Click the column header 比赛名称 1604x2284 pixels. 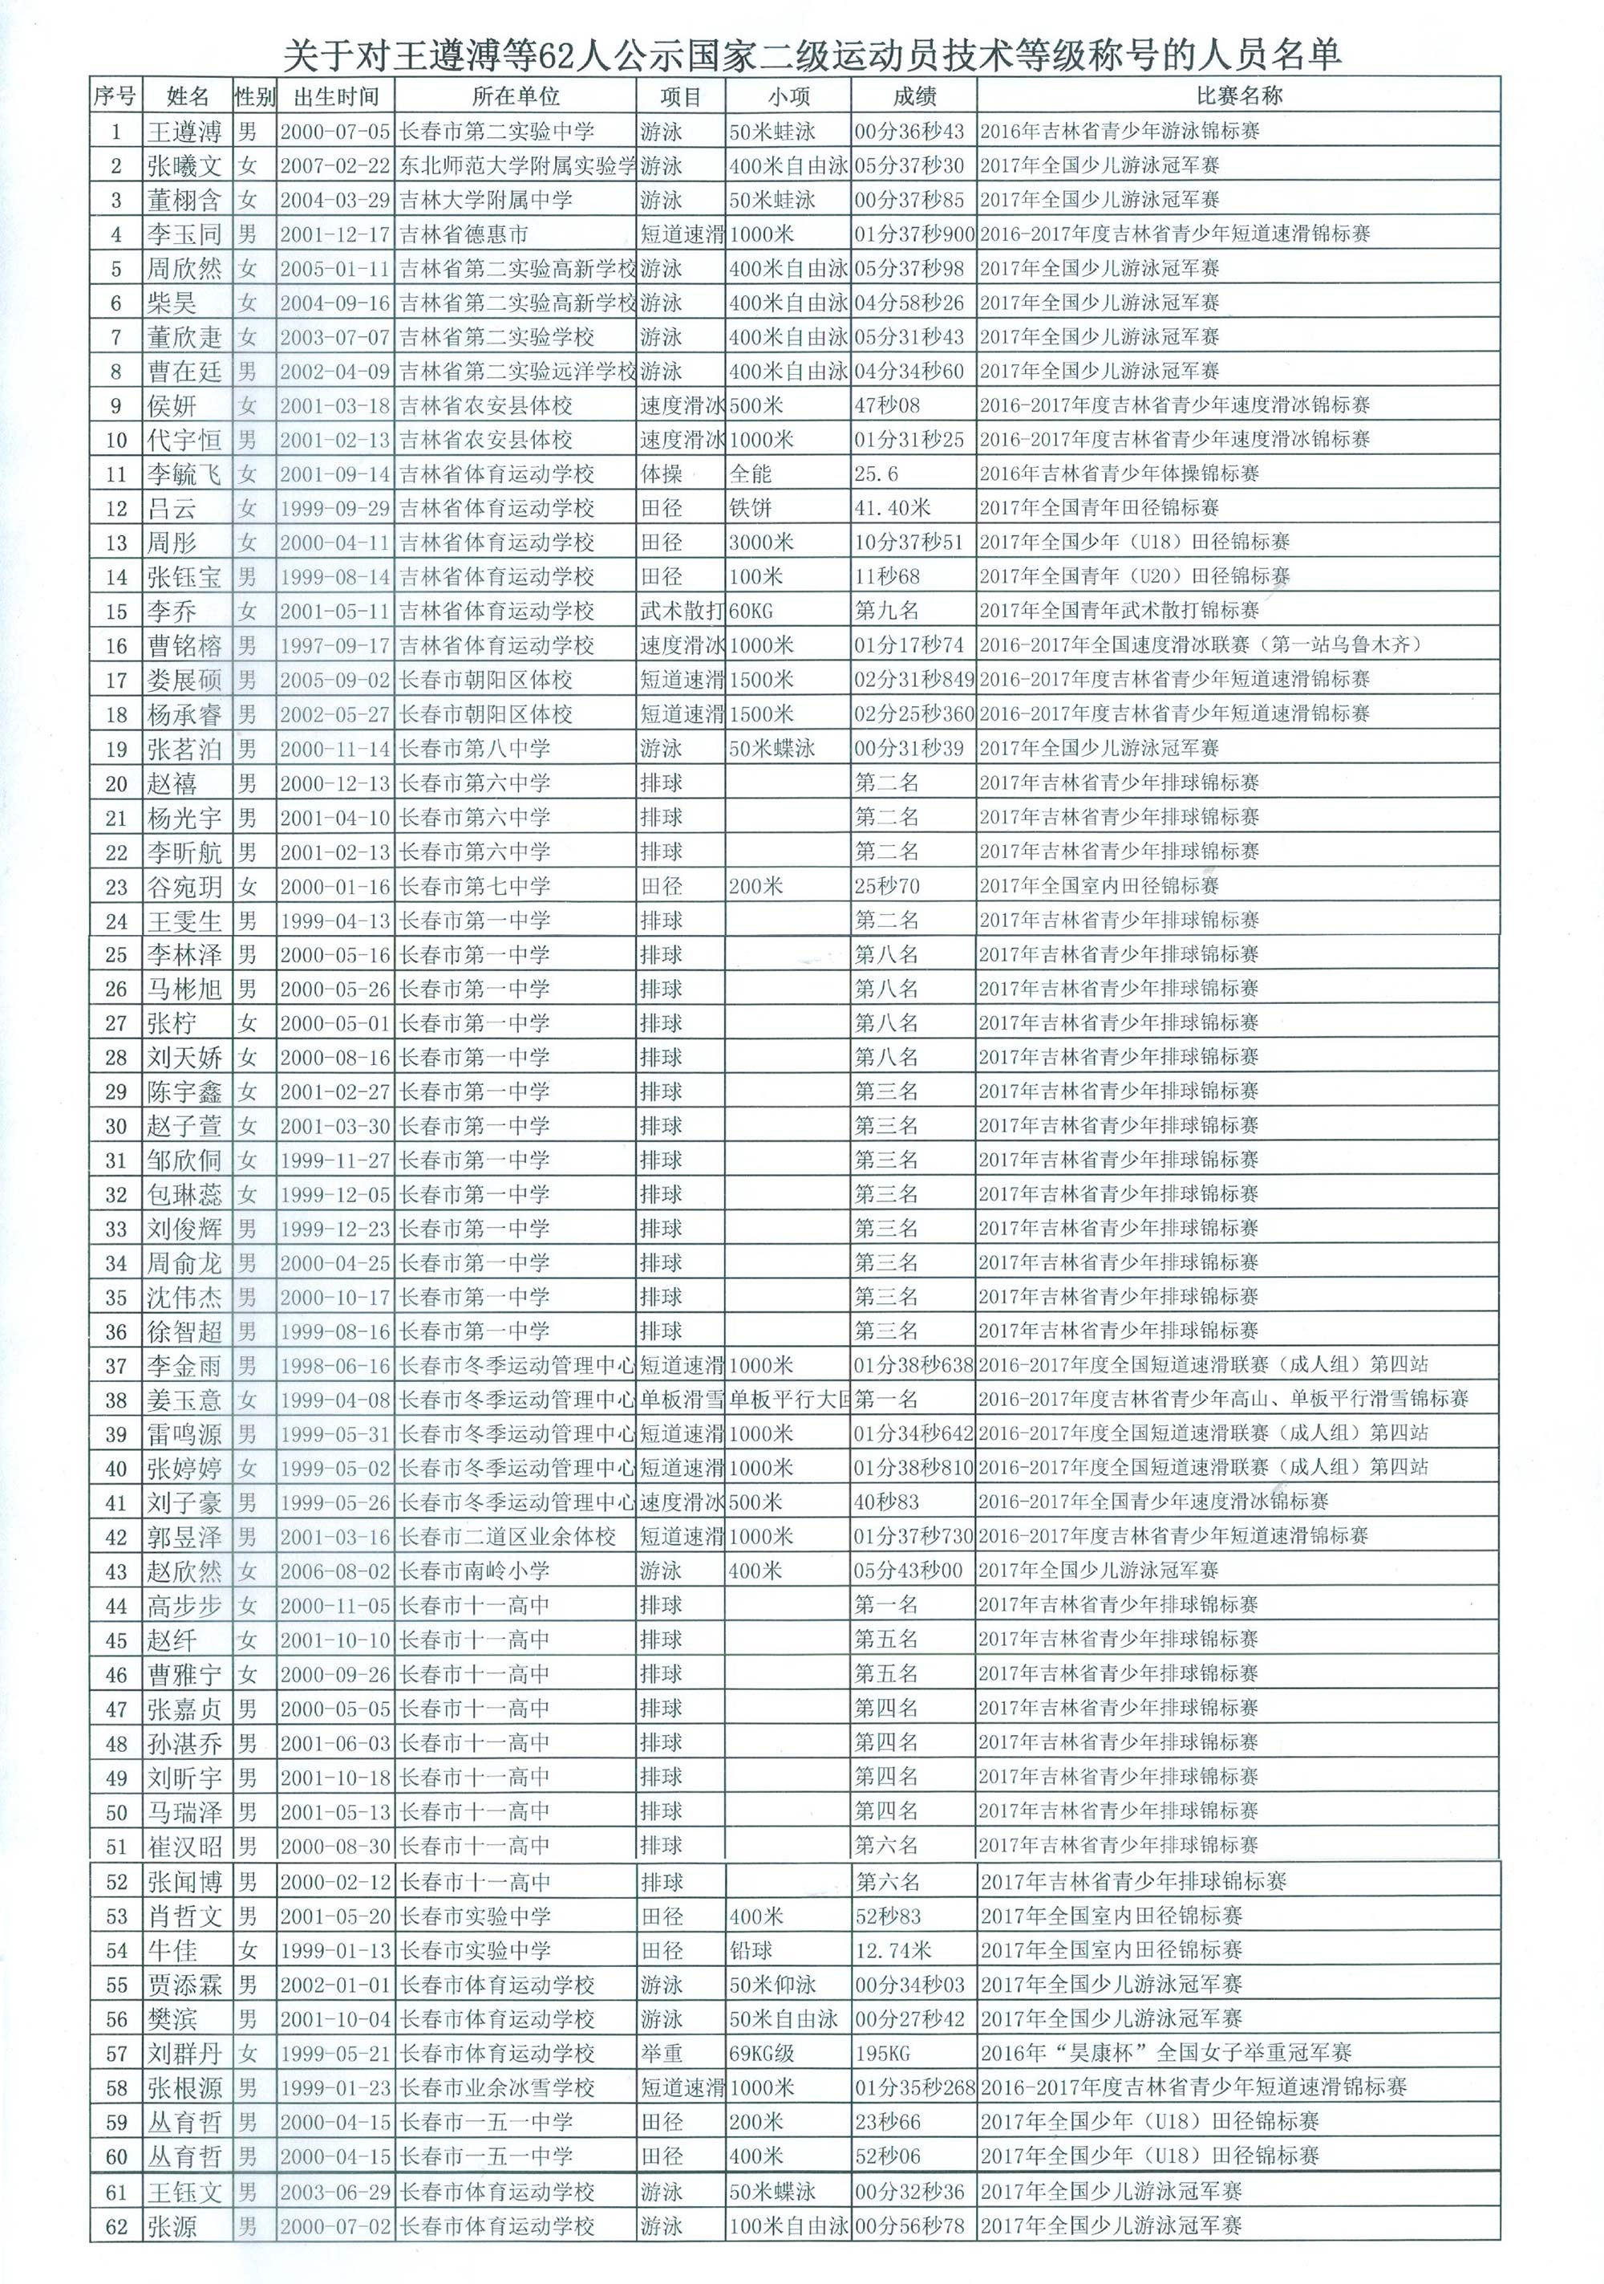click(1238, 96)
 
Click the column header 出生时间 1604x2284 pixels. click(336, 96)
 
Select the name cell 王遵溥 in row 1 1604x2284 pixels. click(185, 132)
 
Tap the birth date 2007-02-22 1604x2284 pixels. click(335, 165)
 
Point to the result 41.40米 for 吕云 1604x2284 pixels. click(892, 508)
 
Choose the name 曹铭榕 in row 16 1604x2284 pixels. click(185, 645)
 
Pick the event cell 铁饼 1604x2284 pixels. click(750, 508)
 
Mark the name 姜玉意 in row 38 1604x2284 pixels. click(185, 1400)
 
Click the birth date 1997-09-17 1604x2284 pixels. click(335, 645)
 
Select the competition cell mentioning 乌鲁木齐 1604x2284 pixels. click(1201, 644)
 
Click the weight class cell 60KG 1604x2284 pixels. click(751, 610)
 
